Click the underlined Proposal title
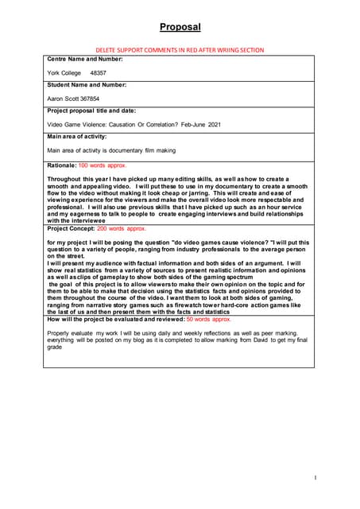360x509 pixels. (x=180, y=27)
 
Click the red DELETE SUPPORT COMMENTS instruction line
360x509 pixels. (x=180, y=49)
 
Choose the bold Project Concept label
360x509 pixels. (x=71, y=227)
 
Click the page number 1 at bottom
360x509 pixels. (x=315, y=477)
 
